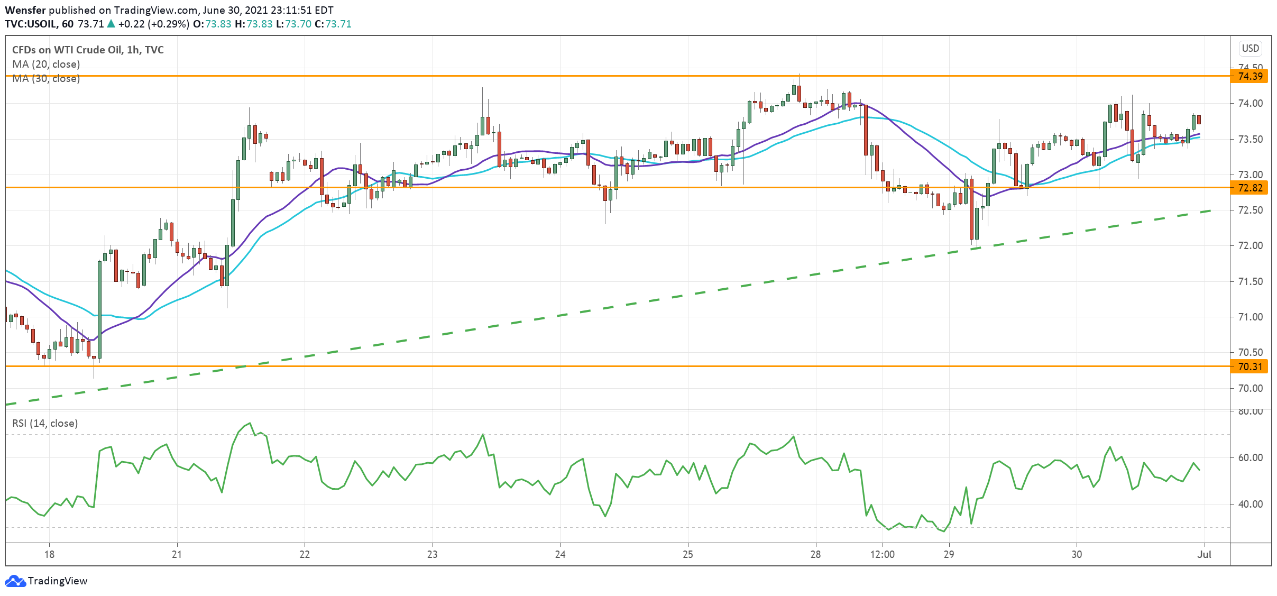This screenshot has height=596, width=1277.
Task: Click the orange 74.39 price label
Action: click(1250, 76)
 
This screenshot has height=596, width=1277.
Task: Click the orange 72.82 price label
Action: click(1250, 188)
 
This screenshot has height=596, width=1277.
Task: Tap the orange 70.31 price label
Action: click(1250, 366)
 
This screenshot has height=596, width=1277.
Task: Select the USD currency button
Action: click(1250, 48)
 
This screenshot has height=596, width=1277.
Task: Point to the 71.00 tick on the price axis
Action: click(1250, 317)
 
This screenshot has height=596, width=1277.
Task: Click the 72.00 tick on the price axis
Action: click(1250, 245)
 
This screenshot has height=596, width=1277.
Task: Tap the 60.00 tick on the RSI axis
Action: click(1250, 457)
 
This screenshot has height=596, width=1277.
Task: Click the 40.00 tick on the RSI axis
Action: click(1250, 504)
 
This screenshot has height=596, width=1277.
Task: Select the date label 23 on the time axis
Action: click(432, 554)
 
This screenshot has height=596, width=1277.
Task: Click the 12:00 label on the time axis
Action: click(882, 554)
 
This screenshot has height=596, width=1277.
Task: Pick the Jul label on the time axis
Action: click(1204, 554)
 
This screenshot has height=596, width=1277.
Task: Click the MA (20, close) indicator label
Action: click(46, 64)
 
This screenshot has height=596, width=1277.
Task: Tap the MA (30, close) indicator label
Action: click(46, 78)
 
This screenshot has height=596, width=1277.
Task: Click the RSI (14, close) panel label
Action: click(45, 423)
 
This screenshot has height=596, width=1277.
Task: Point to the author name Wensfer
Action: click(25, 10)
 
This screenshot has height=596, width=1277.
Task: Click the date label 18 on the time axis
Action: click(49, 554)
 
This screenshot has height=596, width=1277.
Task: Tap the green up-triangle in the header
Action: click(111, 24)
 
